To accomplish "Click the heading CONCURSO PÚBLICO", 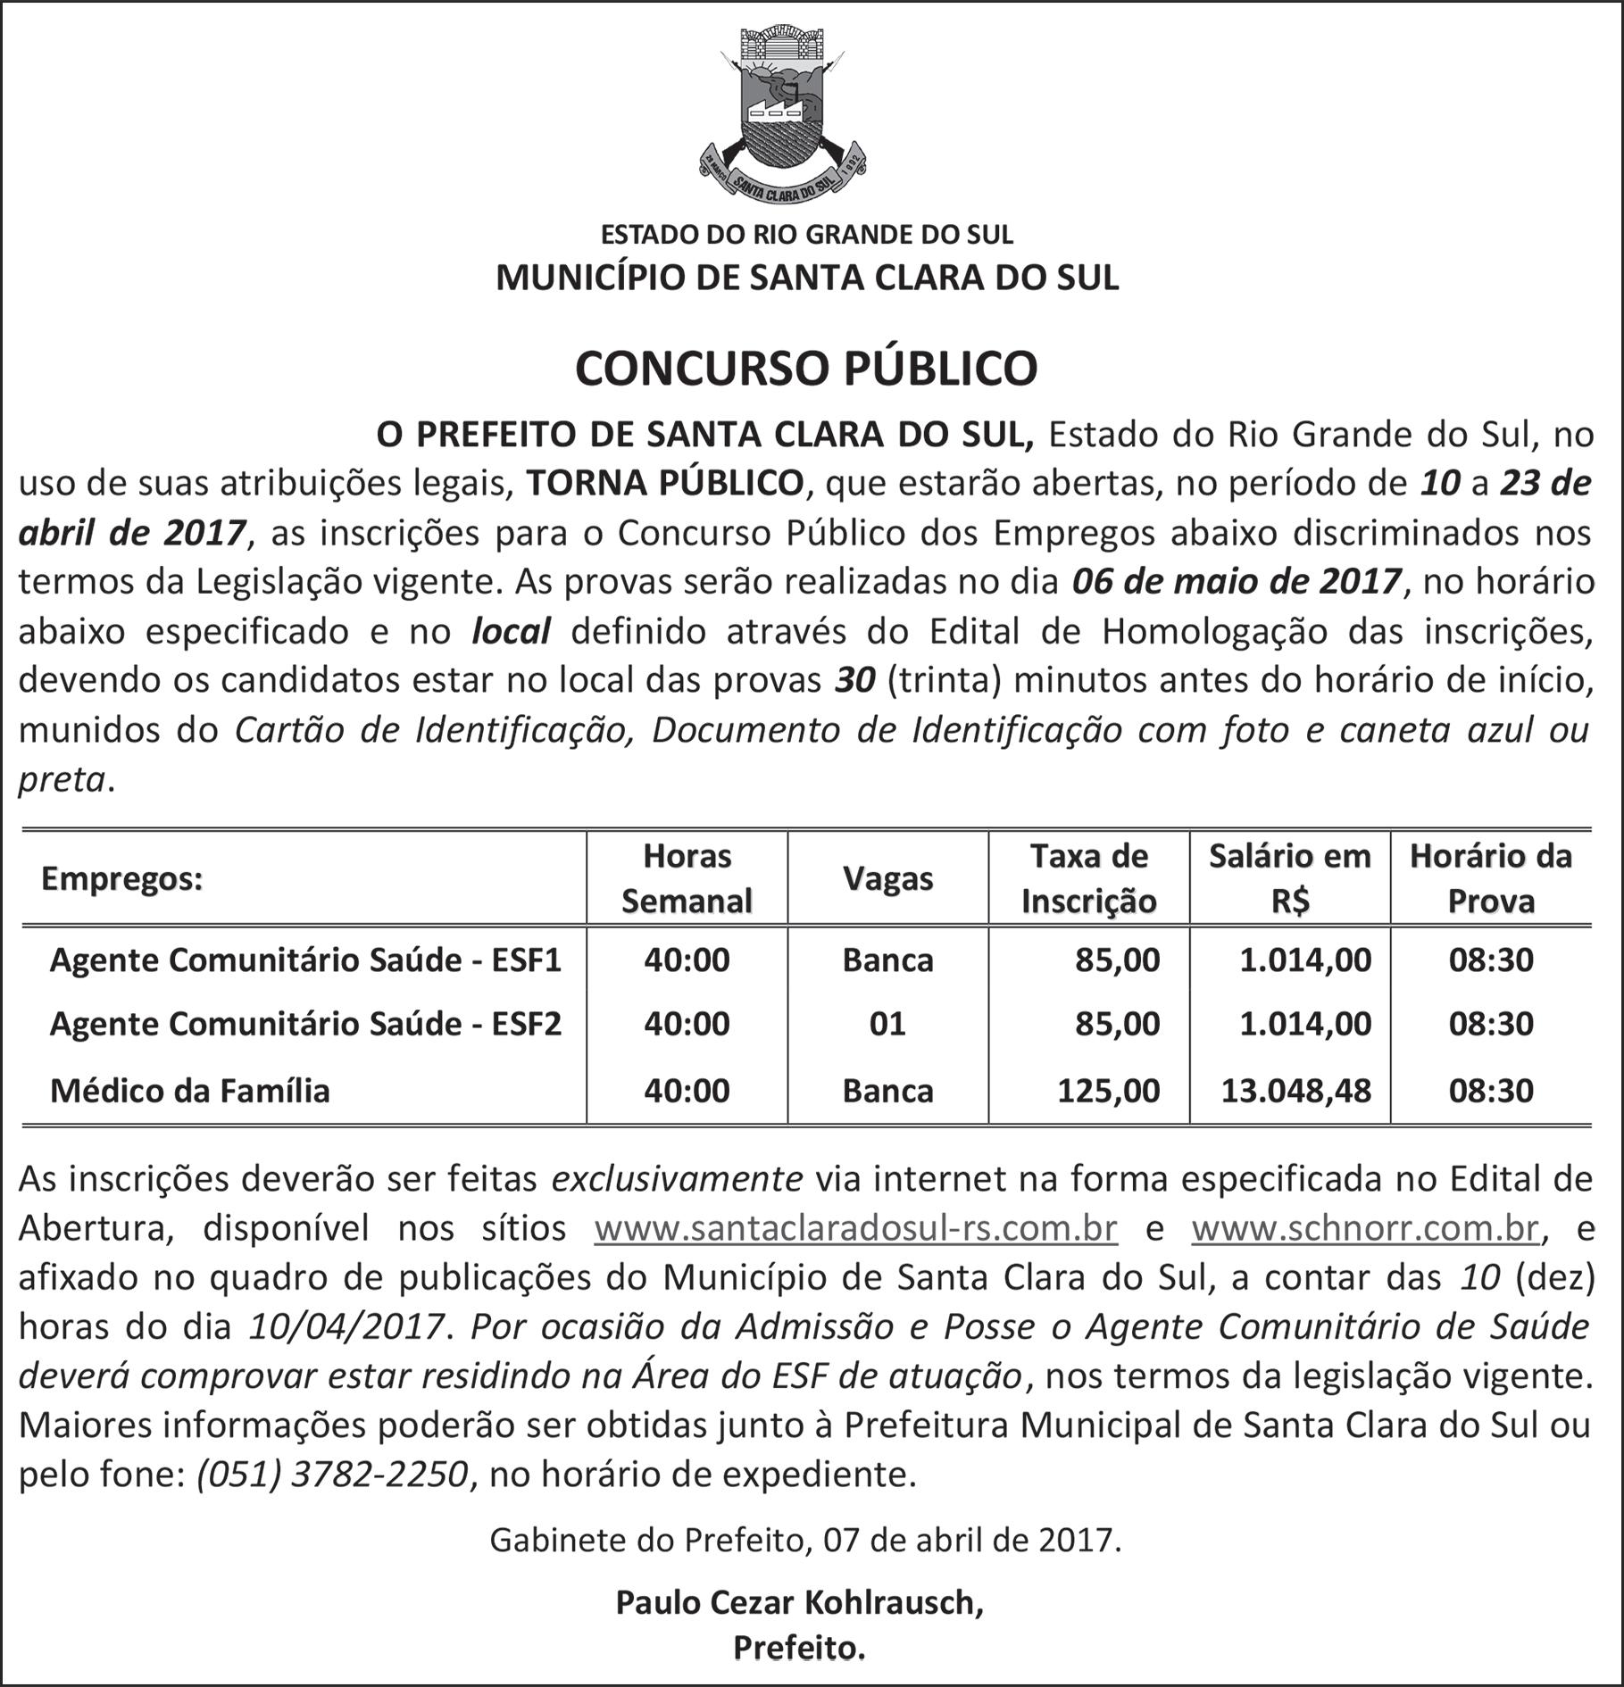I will click(x=806, y=367).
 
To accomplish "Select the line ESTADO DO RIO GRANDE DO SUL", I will click(x=806, y=235).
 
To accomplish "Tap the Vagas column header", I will click(x=887, y=879).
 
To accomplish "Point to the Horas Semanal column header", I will click(x=687, y=878).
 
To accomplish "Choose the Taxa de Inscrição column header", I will click(x=1088, y=878).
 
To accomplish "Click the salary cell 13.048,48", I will click(x=1295, y=1091).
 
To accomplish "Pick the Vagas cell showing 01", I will click(x=887, y=1024).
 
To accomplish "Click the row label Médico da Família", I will click(x=190, y=1091).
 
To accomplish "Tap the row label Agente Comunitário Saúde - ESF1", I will click(x=305, y=960).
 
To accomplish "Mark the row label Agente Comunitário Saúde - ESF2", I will click(x=305, y=1024).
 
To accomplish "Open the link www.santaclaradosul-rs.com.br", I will click(x=855, y=1229).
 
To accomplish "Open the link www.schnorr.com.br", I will click(x=1365, y=1229).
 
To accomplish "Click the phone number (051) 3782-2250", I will click(x=332, y=1474).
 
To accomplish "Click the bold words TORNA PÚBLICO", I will click(x=665, y=483).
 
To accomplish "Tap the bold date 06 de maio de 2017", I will click(x=1237, y=582).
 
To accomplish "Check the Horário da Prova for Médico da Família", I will click(x=1490, y=1091).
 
